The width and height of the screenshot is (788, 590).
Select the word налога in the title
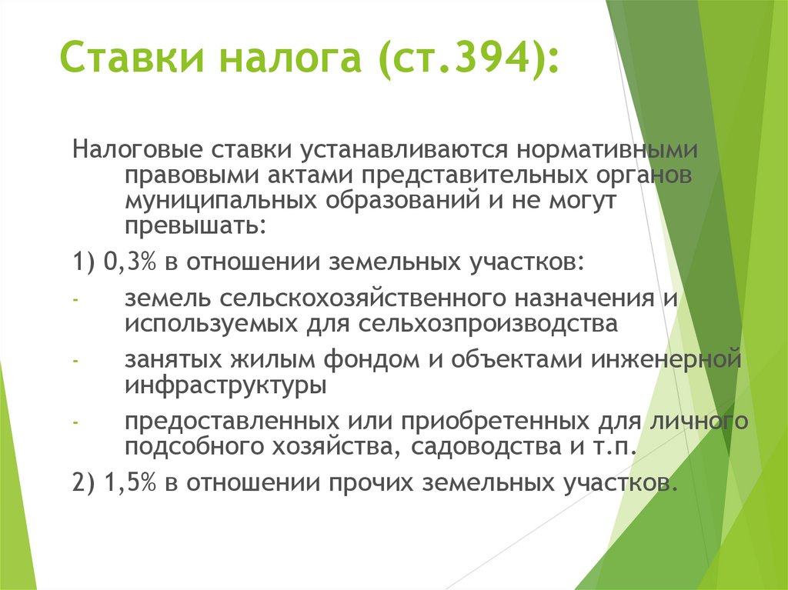point(290,56)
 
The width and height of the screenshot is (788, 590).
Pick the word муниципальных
point(221,201)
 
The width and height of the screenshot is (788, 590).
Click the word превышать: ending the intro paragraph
point(195,225)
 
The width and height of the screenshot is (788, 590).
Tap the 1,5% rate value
point(130,483)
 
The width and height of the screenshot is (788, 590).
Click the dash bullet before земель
point(75,300)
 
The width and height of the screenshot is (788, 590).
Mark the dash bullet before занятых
point(75,361)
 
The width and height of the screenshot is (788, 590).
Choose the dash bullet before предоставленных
point(75,422)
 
